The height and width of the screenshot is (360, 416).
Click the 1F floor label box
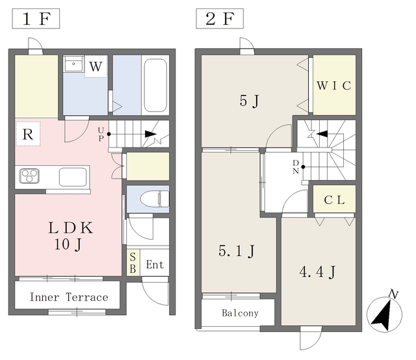click(36, 19)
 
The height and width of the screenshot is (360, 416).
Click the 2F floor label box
click(220, 19)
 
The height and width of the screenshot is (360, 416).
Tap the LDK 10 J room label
click(70, 236)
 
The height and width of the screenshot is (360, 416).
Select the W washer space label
click(96, 66)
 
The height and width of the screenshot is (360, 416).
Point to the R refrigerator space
click(28, 134)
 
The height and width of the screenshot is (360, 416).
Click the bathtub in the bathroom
click(155, 85)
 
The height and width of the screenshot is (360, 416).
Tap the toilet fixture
click(155, 199)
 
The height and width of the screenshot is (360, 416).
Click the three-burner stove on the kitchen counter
click(29, 176)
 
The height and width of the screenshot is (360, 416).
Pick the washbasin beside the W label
click(73, 64)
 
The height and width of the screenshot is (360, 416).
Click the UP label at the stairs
click(101, 135)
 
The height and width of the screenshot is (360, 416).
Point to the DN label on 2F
click(296, 167)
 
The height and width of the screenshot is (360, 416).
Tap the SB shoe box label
click(133, 263)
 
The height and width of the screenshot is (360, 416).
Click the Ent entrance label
click(155, 264)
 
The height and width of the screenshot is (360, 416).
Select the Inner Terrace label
click(69, 297)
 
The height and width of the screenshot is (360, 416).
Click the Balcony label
click(240, 313)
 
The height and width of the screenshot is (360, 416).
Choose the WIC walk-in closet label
click(334, 85)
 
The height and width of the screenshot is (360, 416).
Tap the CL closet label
click(334, 200)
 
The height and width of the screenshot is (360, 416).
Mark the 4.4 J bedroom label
click(318, 272)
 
